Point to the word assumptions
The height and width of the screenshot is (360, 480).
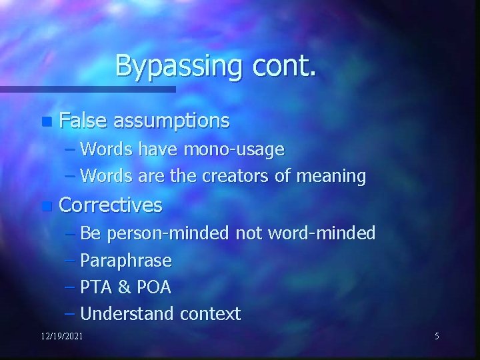[x=171, y=121]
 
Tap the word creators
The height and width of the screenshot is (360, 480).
[x=239, y=177]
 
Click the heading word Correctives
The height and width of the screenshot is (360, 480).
[x=111, y=205]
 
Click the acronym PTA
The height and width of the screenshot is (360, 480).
[x=95, y=287]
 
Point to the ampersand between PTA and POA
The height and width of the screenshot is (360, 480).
[x=123, y=287]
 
